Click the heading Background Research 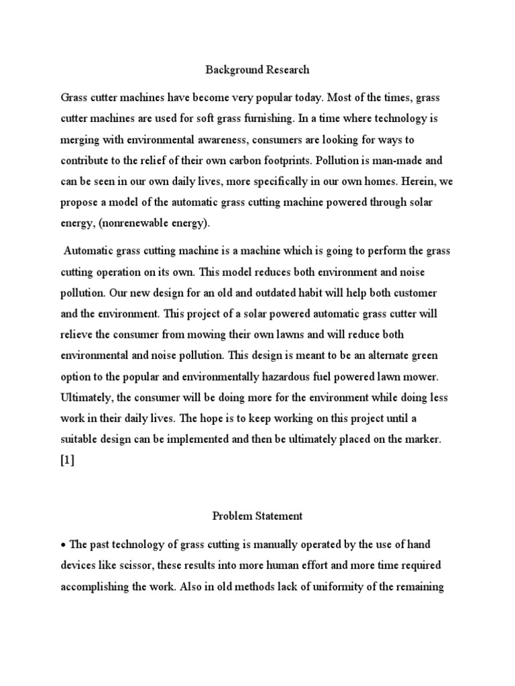[x=257, y=69]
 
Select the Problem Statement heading [x=257, y=516]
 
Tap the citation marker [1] [x=68, y=461]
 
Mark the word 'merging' [x=80, y=140]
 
